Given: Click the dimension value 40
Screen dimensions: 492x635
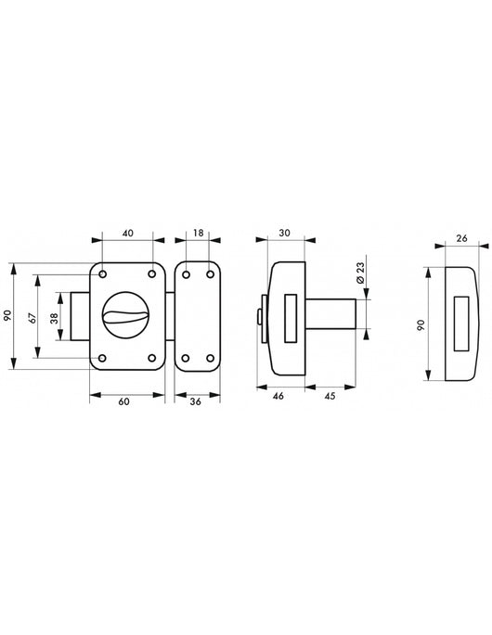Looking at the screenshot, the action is pyautogui.click(x=128, y=234).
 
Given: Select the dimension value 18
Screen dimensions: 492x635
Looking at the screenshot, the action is pyautogui.click(x=198, y=233).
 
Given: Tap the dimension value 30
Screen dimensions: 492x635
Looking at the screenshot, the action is pyautogui.click(x=285, y=233).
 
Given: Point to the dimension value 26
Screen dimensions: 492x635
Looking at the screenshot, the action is pyautogui.click(x=461, y=238).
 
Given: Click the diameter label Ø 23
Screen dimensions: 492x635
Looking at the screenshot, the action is pyautogui.click(x=360, y=273).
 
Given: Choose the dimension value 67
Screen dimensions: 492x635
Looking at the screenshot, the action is pyautogui.click(x=33, y=317).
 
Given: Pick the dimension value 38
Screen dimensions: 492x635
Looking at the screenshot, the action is pyautogui.click(x=55, y=318).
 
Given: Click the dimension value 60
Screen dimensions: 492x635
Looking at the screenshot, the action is pyautogui.click(x=124, y=401).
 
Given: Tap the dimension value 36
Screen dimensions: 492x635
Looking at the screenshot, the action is pyautogui.click(x=196, y=401).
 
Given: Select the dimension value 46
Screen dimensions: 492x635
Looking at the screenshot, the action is pyautogui.click(x=278, y=396).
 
